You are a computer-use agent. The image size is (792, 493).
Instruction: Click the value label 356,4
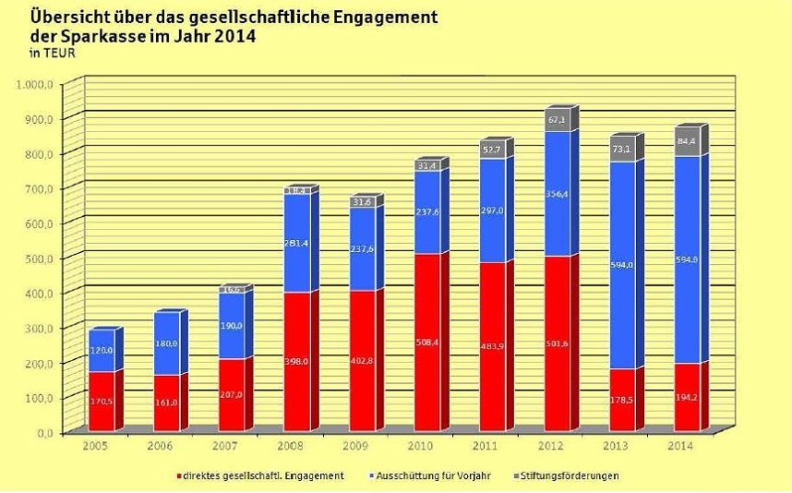tap(557, 195)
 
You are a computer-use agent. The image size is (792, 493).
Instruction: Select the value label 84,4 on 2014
tap(687, 142)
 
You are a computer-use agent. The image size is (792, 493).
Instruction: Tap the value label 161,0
tap(166, 403)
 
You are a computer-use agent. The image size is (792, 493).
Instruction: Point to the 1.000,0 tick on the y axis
tap(36, 84)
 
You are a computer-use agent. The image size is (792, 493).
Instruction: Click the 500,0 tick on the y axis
tap(41, 258)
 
